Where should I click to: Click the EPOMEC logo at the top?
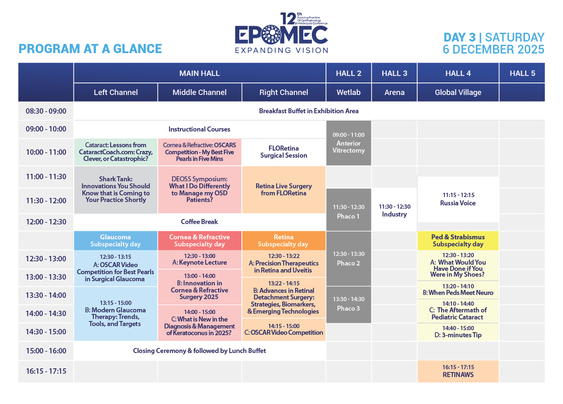281,33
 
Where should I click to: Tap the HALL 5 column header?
522,73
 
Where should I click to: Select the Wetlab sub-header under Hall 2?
348,92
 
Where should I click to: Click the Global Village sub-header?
458,92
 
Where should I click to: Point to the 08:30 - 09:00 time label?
46,111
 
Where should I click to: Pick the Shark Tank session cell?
116,190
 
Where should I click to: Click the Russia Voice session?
458,199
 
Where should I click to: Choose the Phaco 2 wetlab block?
349,258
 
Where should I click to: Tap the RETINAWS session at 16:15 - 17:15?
458,371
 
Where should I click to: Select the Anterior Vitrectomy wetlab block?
349,143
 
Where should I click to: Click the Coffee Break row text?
199,222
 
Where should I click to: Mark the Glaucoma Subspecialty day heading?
116,241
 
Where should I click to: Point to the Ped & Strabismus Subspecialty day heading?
458,241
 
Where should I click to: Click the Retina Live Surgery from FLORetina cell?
284,190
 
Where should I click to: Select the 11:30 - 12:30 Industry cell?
394,210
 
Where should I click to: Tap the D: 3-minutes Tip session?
458,332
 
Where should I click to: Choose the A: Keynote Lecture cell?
199,259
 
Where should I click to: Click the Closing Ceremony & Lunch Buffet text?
199,351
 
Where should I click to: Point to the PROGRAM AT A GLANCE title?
90,49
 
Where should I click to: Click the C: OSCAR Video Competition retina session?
284,329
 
